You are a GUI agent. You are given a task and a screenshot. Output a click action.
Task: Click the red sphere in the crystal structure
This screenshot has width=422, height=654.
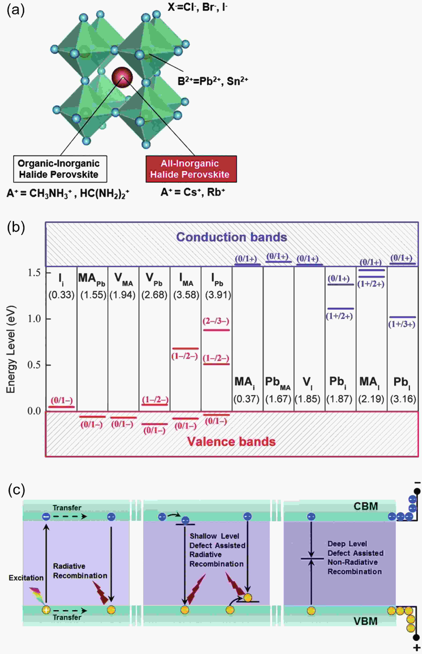[122, 78]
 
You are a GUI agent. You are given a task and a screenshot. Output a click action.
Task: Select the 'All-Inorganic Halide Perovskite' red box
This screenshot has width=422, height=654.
[191, 169]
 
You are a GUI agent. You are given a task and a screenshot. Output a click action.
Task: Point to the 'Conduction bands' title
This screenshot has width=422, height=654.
[231, 237]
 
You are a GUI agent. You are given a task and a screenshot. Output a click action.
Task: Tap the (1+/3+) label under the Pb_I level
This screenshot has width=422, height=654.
[402, 324]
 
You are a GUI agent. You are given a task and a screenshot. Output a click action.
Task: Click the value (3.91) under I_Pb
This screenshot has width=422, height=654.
[218, 295]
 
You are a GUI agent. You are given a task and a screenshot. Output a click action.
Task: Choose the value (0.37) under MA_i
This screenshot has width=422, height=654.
[246, 399]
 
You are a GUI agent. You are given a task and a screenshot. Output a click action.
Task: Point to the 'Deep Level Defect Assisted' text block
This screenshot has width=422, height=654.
[355, 548]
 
